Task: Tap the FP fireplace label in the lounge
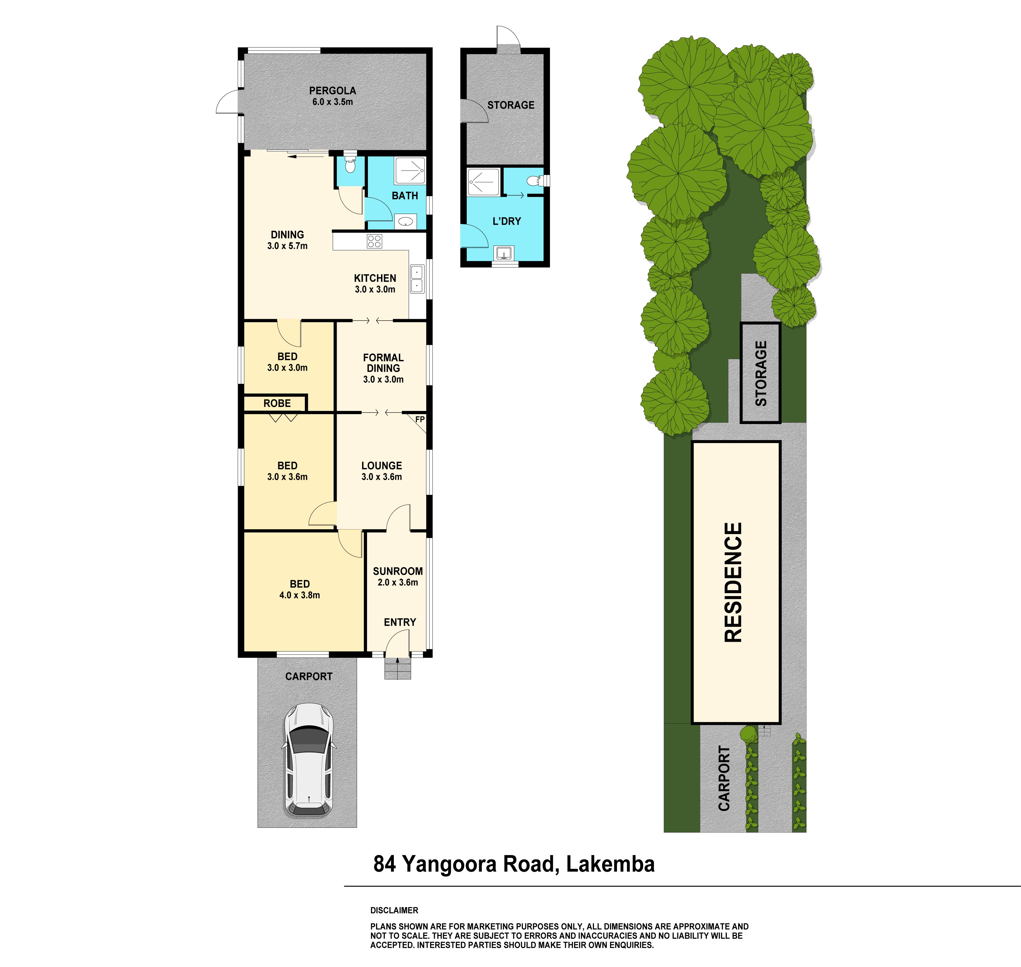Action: (420, 420)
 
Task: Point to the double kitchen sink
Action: (417, 279)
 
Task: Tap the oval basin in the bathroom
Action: (406, 222)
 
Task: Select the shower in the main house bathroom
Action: (410, 170)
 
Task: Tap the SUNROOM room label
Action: (398, 571)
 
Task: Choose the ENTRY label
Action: (400, 622)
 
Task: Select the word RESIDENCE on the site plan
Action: (733, 583)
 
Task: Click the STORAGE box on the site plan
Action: (760, 373)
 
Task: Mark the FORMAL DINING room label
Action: (383, 363)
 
